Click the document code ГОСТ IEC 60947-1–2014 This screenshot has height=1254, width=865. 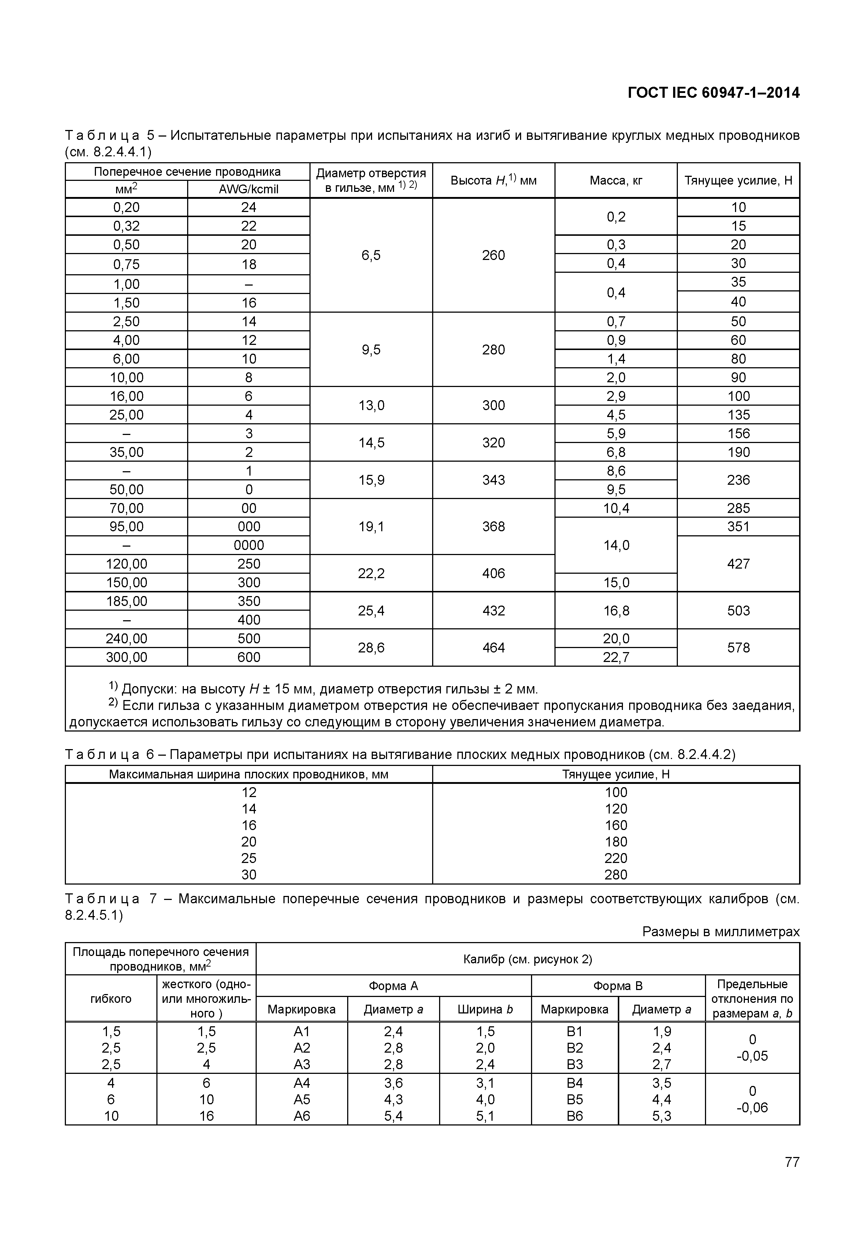click(713, 93)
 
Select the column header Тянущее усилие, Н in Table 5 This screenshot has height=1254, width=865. click(738, 181)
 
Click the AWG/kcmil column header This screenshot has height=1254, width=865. click(249, 189)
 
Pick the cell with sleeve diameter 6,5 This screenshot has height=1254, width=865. click(371, 255)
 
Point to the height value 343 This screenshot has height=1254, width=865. click(493, 480)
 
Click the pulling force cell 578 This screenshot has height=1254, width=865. click(738, 648)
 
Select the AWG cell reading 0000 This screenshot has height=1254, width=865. click(249, 545)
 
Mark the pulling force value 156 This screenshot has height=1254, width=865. click(738, 433)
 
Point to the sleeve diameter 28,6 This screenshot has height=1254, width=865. click(371, 648)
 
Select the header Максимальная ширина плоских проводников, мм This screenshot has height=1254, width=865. click(249, 774)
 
